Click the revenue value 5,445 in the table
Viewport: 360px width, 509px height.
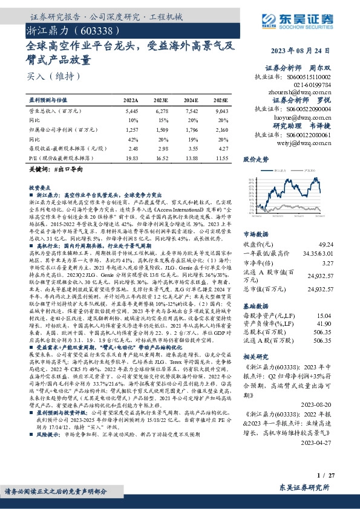(x=131, y=112)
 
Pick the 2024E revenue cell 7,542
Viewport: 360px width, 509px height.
(x=191, y=112)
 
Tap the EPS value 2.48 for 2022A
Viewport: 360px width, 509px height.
(x=133, y=148)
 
